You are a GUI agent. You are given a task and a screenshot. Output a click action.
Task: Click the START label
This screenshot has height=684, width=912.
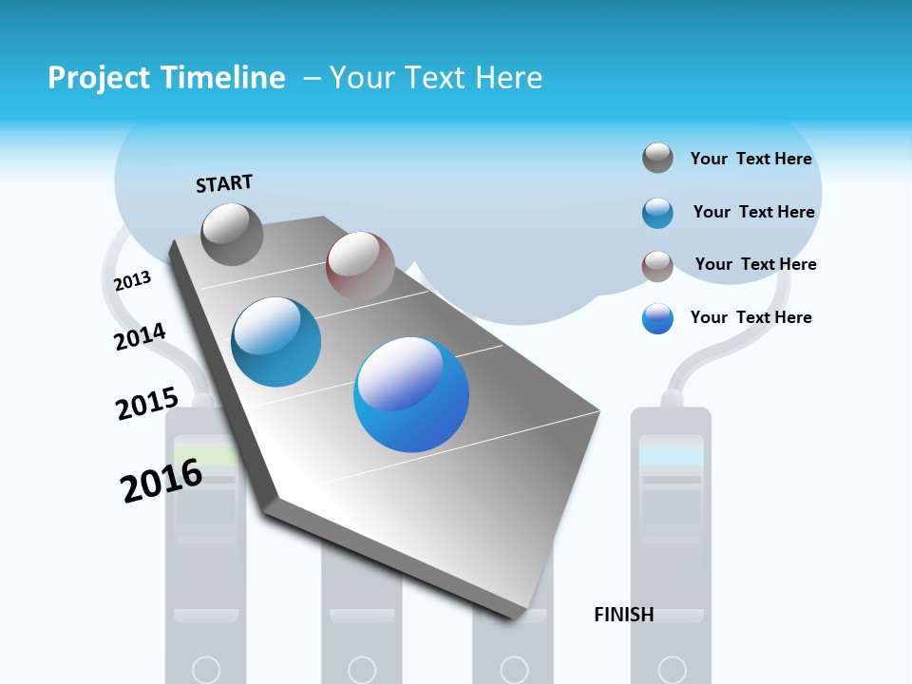coord(224,183)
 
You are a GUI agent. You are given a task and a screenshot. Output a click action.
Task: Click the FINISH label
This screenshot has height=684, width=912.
coord(623,615)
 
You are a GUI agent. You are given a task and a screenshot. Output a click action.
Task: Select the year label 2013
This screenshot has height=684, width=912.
coord(132,281)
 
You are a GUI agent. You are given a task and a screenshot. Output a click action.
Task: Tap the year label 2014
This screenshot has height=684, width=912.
coord(140,336)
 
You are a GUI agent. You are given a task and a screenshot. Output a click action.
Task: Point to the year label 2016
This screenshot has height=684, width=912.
coord(161,481)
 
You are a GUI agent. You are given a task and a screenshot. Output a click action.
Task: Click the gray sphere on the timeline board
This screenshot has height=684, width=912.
coord(232,234)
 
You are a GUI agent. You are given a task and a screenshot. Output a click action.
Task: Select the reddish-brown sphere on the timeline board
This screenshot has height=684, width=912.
coord(360,265)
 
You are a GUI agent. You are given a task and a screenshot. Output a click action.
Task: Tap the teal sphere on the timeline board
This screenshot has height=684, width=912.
coord(275,342)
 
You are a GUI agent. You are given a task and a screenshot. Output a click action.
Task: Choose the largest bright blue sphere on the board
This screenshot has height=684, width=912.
coord(411,394)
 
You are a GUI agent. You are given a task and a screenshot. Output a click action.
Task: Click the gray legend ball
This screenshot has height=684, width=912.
coord(657,158)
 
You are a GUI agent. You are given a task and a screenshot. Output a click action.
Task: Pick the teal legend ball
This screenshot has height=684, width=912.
coord(657,212)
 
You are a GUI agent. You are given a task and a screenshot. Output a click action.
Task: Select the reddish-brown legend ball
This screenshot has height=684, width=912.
coord(657,265)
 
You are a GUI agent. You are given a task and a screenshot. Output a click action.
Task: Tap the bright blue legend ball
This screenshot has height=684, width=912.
coord(657,318)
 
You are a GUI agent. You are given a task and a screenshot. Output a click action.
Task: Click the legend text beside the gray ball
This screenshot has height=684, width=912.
coord(750,159)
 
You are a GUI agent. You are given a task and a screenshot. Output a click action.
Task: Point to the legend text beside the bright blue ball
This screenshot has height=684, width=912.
coord(750,317)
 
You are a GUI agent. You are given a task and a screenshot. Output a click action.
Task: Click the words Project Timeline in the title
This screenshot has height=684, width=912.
coord(166,78)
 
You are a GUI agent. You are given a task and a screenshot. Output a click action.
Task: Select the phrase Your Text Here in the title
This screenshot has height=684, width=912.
coord(436,78)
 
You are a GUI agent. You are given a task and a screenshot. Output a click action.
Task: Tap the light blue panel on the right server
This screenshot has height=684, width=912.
coord(672,456)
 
